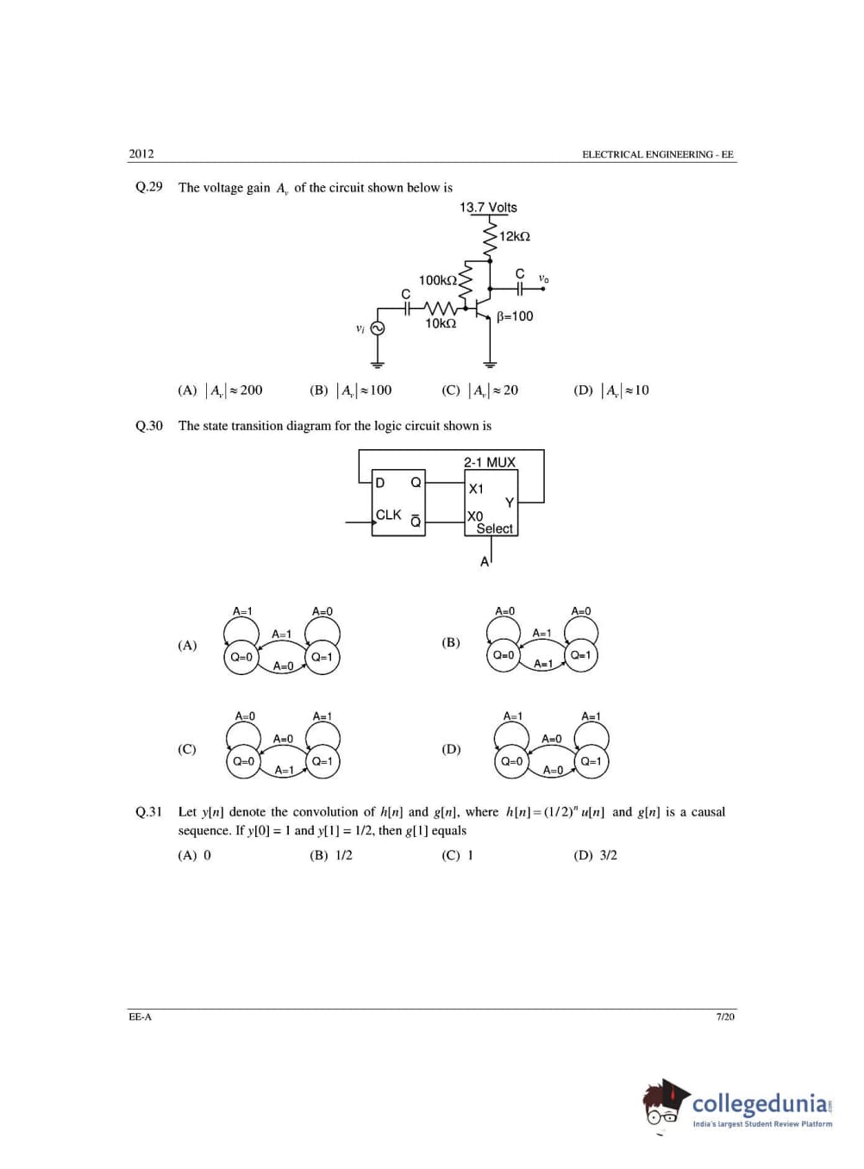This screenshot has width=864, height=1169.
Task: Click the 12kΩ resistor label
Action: click(x=514, y=236)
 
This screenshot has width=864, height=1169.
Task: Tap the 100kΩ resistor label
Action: click(x=437, y=280)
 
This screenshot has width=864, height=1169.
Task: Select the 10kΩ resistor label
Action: click(x=440, y=323)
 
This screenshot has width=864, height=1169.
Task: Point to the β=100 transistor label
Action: click(x=515, y=316)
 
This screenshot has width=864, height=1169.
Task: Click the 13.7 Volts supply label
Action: click(x=488, y=208)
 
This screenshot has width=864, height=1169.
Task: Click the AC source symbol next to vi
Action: click(x=377, y=328)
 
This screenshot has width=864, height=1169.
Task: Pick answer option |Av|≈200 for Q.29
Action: click(x=220, y=391)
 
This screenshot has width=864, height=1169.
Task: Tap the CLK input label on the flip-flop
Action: click(x=388, y=515)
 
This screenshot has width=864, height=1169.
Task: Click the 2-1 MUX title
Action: click(x=489, y=462)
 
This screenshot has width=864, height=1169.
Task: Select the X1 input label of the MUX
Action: click(x=476, y=489)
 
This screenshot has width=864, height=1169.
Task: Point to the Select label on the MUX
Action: click(x=494, y=528)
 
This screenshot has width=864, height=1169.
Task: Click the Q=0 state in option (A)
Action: click(x=241, y=657)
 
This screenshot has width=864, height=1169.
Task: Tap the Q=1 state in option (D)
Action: click(x=592, y=761)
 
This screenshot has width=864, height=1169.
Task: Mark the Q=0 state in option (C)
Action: click(x=244, y=761)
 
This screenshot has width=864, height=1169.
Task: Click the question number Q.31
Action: click(x=148, y=812)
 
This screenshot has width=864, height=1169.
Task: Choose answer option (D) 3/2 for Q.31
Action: click(x=595, y=855)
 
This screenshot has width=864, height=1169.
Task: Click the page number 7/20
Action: click(x=725, y=1017)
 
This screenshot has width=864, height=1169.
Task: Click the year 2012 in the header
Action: click(x=141, y=154)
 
